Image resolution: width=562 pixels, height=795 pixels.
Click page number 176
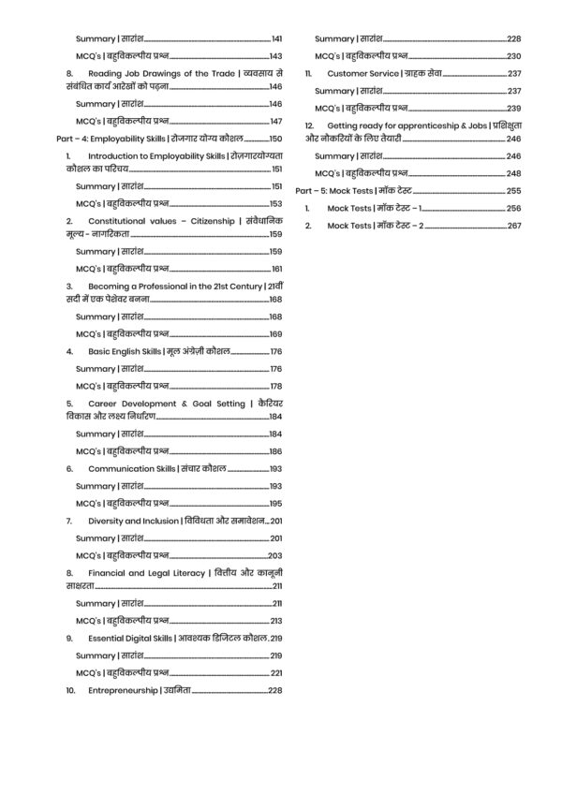click(275, 351)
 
